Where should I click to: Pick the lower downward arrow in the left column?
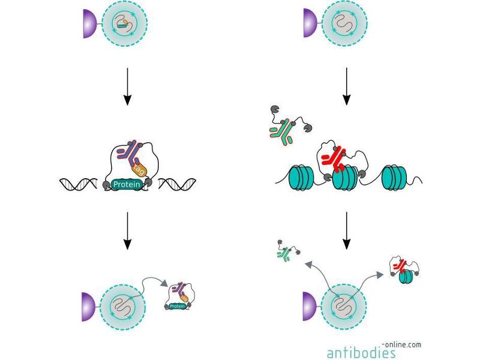[x=127, y=233]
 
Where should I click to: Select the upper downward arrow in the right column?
[x=347, y=87]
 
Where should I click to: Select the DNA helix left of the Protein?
[x=80, y=184]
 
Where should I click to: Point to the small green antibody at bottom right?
[x=284, y=254]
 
